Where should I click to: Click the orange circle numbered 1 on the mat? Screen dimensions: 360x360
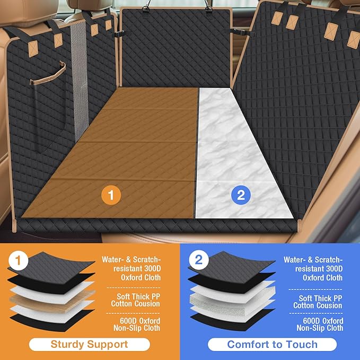[111, 195]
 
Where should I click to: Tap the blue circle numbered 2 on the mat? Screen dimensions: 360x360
[241, 195]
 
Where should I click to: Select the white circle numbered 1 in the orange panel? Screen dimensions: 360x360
[19, 260]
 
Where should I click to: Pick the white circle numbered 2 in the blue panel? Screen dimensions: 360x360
[199, 260]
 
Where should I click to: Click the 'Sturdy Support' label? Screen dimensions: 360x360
[89, 345]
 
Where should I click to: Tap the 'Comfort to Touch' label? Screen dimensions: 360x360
[273, 345]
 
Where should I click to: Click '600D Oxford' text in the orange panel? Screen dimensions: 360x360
[140, 321]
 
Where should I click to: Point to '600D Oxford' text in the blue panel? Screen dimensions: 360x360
[323, 321]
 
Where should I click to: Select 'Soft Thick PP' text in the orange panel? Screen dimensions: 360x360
[138, 296]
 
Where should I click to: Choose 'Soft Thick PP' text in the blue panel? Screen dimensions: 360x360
[321, 298]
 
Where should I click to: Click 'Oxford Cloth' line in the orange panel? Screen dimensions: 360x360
[141, 277]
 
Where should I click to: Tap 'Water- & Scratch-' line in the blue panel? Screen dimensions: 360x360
[313, 260]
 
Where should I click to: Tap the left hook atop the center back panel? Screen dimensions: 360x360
[146, 7]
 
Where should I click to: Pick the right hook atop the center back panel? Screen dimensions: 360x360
[208, 7]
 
